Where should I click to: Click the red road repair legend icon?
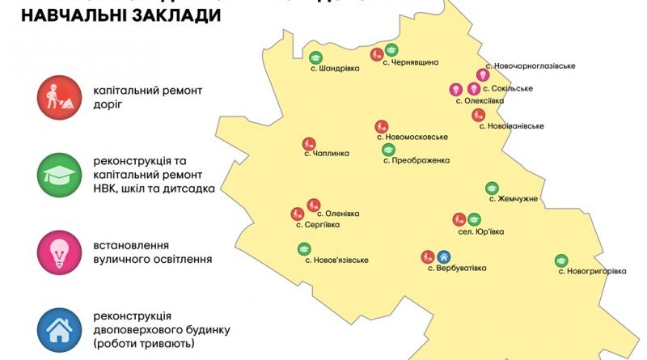(x=59, y=96)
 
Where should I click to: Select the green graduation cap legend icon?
(x=59, y=173)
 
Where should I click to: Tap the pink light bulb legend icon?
(x=59, y=252)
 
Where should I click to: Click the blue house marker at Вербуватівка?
(x=443, y=257)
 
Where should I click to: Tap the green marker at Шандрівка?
(x=315, y=57)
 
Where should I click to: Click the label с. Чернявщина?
(x=410, y=62)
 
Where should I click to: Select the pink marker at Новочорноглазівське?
(x=483, y=75)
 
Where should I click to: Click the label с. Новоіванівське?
(x=511, y=126)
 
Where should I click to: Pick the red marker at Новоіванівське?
(x=478, y=115)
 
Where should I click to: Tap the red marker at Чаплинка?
(x=308, y=142)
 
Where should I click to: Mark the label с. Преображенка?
(x=416, y=160)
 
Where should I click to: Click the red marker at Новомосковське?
(x=381, y=126)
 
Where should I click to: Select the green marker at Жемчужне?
(x=492, y=188)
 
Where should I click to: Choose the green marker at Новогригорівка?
(x=561, y=260)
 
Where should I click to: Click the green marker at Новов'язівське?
(x=304, y=248)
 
